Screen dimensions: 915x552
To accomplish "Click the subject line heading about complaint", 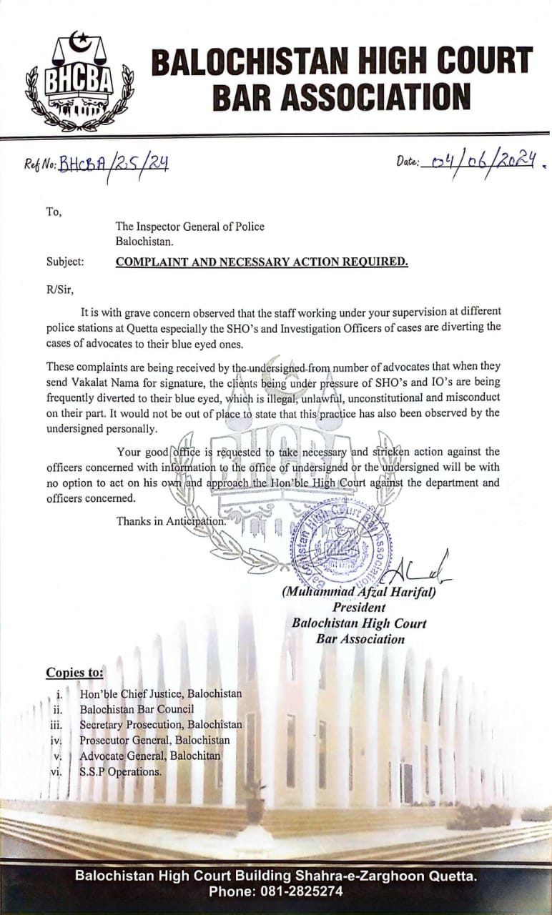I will (262, 262).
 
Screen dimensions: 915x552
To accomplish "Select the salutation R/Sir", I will (59, 289).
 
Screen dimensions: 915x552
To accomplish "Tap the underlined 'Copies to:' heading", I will (74, 672).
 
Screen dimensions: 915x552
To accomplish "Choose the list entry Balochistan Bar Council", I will (137, 709).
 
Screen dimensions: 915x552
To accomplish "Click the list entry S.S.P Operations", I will (120, 771).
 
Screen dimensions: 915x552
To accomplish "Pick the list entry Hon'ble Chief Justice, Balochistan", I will (160, 693).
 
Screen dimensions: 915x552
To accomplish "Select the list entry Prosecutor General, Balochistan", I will (154, 740).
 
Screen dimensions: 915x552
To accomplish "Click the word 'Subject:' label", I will (65, 262).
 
